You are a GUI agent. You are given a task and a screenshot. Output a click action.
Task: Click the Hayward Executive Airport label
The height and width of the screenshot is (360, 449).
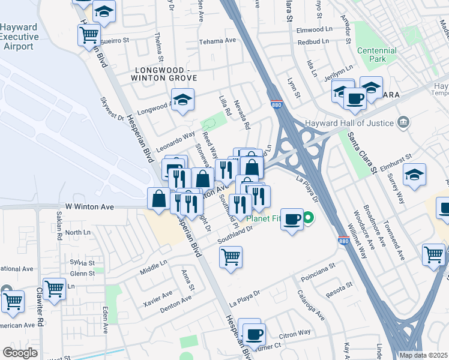(19, 37)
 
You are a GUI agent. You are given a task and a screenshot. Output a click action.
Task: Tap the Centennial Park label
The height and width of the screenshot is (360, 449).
(376, 56)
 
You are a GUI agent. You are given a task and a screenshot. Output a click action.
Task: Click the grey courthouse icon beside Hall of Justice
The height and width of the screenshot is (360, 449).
(403, 124)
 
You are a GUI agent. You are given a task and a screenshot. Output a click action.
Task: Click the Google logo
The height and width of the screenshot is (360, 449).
(20, 353)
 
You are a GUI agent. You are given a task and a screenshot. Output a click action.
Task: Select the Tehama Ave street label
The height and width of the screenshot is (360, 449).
(217, 40)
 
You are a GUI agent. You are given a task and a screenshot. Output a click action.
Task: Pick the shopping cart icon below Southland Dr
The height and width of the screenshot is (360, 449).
(231, 257)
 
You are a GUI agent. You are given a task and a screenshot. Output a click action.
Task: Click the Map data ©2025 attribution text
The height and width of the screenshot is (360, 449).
(423, 355)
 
